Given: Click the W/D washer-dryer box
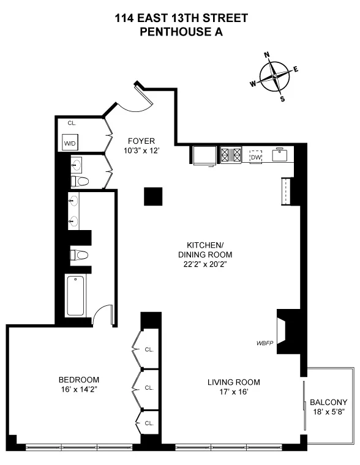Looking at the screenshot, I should (x=70, y=144).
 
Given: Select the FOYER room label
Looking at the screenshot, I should (x=141, y=140).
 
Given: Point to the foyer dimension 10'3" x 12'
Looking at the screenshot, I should (x=141, y=150).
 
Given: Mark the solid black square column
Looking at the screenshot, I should (x=153, y=196).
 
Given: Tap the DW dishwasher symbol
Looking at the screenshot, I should (x=255, y=157).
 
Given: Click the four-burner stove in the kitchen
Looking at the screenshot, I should (x=231, y=155).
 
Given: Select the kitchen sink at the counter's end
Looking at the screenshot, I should (x=282, y=155).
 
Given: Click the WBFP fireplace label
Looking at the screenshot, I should (x=264, y=343).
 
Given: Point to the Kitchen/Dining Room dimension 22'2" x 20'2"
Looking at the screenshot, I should (x=204, y=264).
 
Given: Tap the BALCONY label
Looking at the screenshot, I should (x=328, y=402).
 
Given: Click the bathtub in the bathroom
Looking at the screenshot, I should (x=77, y=297).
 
